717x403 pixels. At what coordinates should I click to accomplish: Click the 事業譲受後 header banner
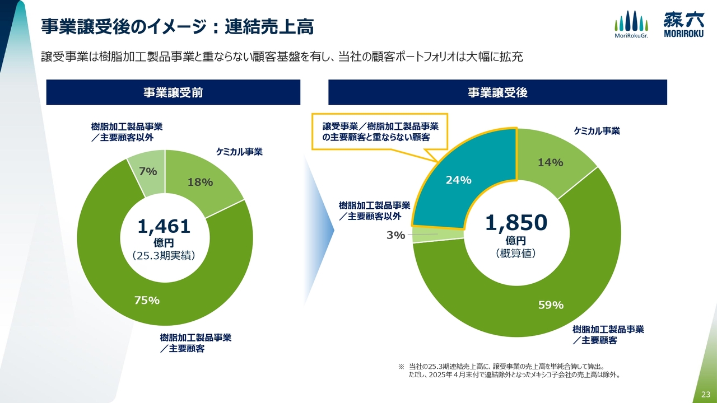[497, 92]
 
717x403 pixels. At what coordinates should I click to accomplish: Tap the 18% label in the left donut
[200, 182]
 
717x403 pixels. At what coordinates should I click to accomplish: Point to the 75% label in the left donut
[147, 300]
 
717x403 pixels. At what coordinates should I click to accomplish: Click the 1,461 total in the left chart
[164, 226]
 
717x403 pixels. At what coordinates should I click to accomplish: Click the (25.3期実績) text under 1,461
[164, 256]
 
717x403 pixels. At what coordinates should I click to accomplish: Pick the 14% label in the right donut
[550, 162]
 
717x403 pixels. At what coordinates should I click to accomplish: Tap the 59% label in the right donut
[551, 305]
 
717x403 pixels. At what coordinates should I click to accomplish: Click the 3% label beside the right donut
[395, 235]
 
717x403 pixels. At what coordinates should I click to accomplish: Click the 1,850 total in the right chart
[516, 223]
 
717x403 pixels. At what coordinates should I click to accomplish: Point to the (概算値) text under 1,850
[516, 254]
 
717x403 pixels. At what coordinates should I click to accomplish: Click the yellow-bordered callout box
[375, 132]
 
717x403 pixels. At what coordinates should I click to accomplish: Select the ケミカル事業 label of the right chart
[597, 131]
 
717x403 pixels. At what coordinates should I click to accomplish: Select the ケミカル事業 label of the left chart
[239, 151]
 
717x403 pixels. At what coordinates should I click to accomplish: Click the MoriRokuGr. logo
[631, 25]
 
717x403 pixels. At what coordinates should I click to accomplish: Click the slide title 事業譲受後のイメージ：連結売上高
[178, 26]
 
